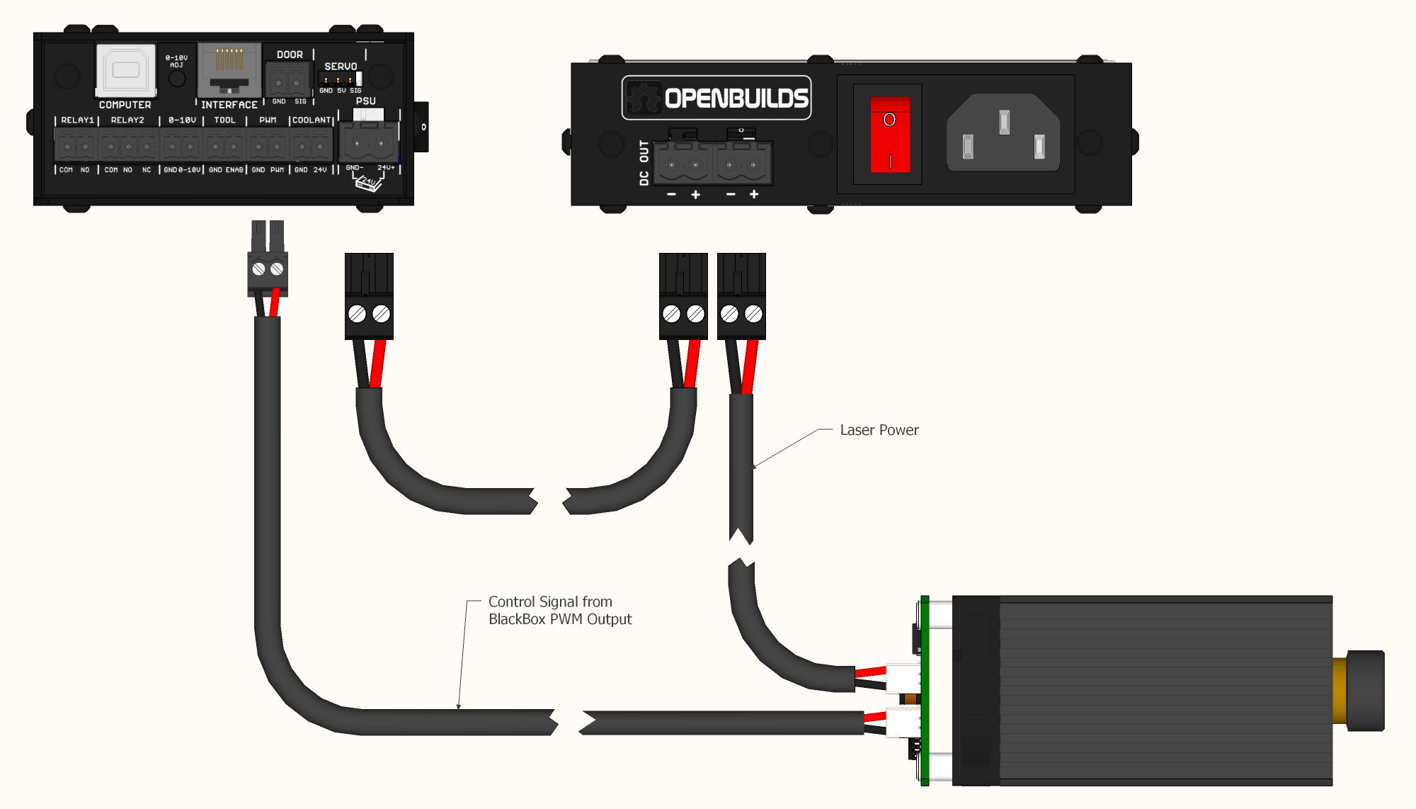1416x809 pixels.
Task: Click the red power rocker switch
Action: click(x=890, y=135)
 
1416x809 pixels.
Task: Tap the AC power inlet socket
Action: click(x=1003, y=133)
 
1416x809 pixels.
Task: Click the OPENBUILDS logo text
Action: click(x=736, y=98)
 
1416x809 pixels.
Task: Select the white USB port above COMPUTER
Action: click(x=126, y=70)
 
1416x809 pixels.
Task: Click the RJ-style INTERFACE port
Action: click(x=229, y=69)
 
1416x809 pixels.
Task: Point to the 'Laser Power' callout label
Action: click(x=879, y=430)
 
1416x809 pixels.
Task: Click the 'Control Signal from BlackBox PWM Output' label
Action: click(x=559, y=610)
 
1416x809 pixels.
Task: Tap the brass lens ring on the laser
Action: click(x=1340, y=690)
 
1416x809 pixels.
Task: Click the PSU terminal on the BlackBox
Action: click(x=369, y=142)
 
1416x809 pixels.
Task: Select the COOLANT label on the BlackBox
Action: click(x=312, y=120)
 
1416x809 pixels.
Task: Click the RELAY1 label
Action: click(x=77, y=120)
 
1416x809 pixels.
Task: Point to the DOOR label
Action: click(x=290, y=55)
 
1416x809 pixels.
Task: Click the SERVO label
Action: click(x=341, y=67)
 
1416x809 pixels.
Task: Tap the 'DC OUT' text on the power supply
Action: click(x=644, y=163)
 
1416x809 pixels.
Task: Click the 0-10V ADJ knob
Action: click(x=177, y=78)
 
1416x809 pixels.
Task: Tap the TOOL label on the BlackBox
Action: click(x=224, y=120)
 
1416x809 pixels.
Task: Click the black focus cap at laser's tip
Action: click(x=1366, y=690)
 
